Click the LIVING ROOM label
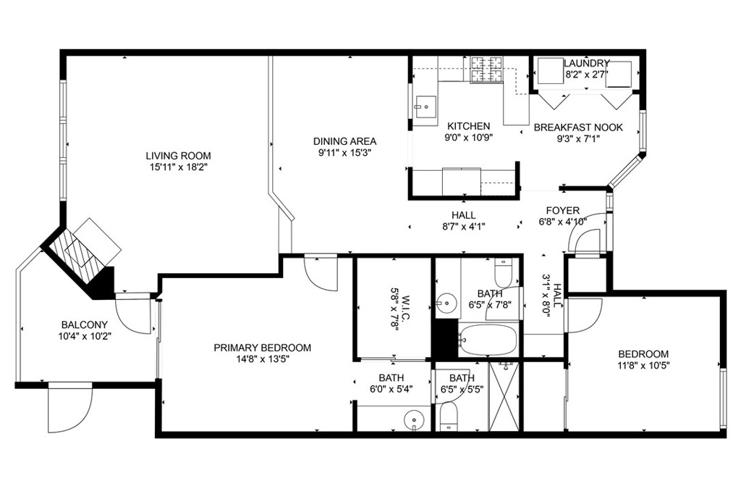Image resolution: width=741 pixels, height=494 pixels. coord(178,156)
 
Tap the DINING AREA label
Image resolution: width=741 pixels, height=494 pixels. coord(345,141)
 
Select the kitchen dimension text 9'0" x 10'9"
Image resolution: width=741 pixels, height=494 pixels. coord(468,138)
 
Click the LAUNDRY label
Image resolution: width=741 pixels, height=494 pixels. coord(586,63)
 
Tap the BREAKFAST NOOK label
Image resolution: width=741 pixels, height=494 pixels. coord(578,127)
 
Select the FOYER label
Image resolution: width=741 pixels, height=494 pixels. coord(562,211)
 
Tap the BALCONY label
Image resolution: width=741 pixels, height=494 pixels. coord(85,325)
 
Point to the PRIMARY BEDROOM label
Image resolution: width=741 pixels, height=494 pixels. coord(262,348)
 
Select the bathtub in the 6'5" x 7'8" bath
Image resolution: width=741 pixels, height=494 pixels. coord(488,340)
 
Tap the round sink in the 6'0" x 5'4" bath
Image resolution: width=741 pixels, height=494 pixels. coord(415,419)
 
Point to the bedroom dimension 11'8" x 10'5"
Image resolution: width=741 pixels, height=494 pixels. coord(643,365)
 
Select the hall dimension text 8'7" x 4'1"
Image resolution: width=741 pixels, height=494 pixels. coord(464,227)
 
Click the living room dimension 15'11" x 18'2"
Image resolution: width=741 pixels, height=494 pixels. coord(179,167)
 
